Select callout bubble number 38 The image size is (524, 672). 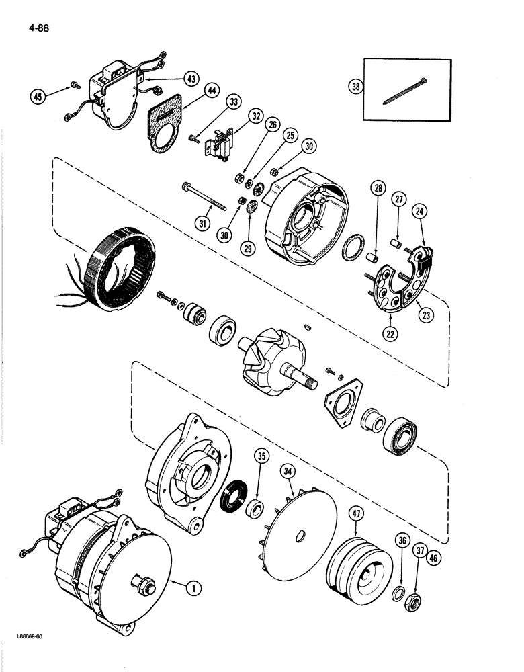[x=355, y=86]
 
